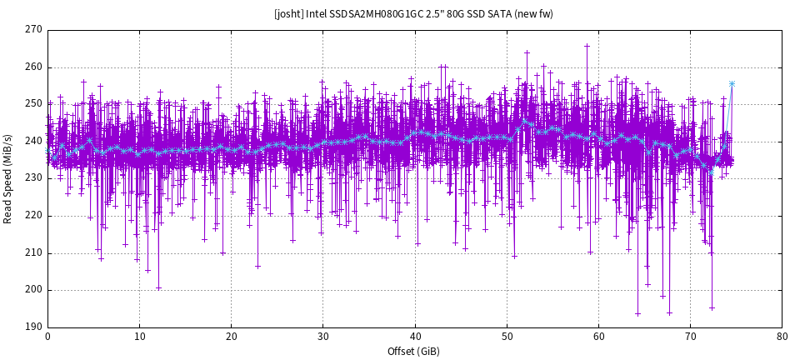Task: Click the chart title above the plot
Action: pos(413,13)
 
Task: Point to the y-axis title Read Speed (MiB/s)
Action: pos(8,178)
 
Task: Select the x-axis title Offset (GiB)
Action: pos(414,352)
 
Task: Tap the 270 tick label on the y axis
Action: pos(33,30)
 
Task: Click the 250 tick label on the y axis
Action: pos(33,104)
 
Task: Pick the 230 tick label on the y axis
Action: pos(33,178)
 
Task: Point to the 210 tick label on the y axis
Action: pos(33,253)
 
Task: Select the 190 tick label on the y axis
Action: pos(33,327)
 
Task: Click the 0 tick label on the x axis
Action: pos(47,337)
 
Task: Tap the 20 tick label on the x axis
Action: pos(231,337)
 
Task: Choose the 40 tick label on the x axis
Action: pos(415,337)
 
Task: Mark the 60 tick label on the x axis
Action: pos(598,337)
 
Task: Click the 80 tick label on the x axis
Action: pos(782,337)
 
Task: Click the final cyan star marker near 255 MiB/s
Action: pos(732,83)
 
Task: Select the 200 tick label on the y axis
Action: pos(33,290)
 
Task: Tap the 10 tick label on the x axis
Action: pos(139,337)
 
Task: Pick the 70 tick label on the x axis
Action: pos(690,337)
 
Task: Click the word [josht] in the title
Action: pos(288,13)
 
